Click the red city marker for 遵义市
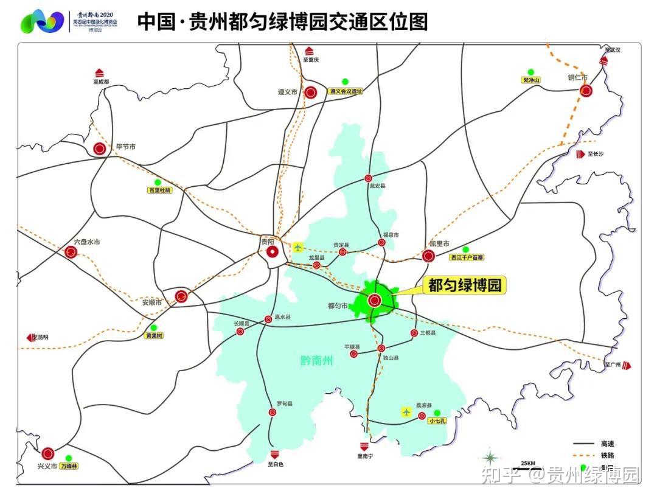[x=310, y=93]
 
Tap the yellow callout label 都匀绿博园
[x=466, y=285]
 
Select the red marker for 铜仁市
[x=586, y=91]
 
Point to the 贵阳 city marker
[x=273, y=251]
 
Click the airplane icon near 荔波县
[x=406, y=412]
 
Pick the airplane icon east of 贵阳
[x=297, y=247]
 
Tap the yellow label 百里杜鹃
[x=160, y=190]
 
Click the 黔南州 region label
[x=317, y=361]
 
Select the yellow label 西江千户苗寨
[x=467, y=257]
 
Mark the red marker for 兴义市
[x=48, y=453]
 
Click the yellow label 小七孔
[x=437, y=420]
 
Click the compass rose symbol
[x=490, y=458]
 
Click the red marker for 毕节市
[x=100, y=148]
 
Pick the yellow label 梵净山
[x=531, y=80]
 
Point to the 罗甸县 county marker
[x=272, y=412]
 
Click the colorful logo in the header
[x=42, y=21]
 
